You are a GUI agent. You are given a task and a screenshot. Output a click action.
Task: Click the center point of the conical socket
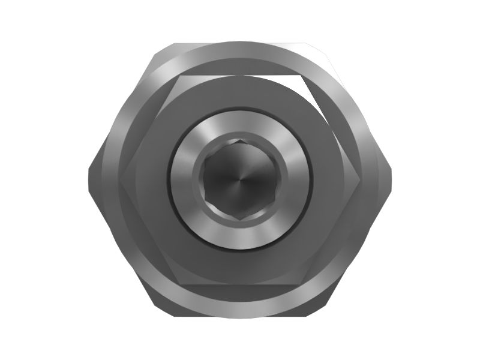coord(239,179)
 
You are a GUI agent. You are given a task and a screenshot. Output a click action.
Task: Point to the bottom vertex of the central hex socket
coord(239,217)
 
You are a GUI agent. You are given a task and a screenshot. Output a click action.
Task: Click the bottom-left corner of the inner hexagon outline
coord(179,283)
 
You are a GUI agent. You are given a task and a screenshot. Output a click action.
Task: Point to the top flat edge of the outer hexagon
coord(240,43)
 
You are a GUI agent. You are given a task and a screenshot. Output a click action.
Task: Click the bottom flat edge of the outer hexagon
coord(240,315)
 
